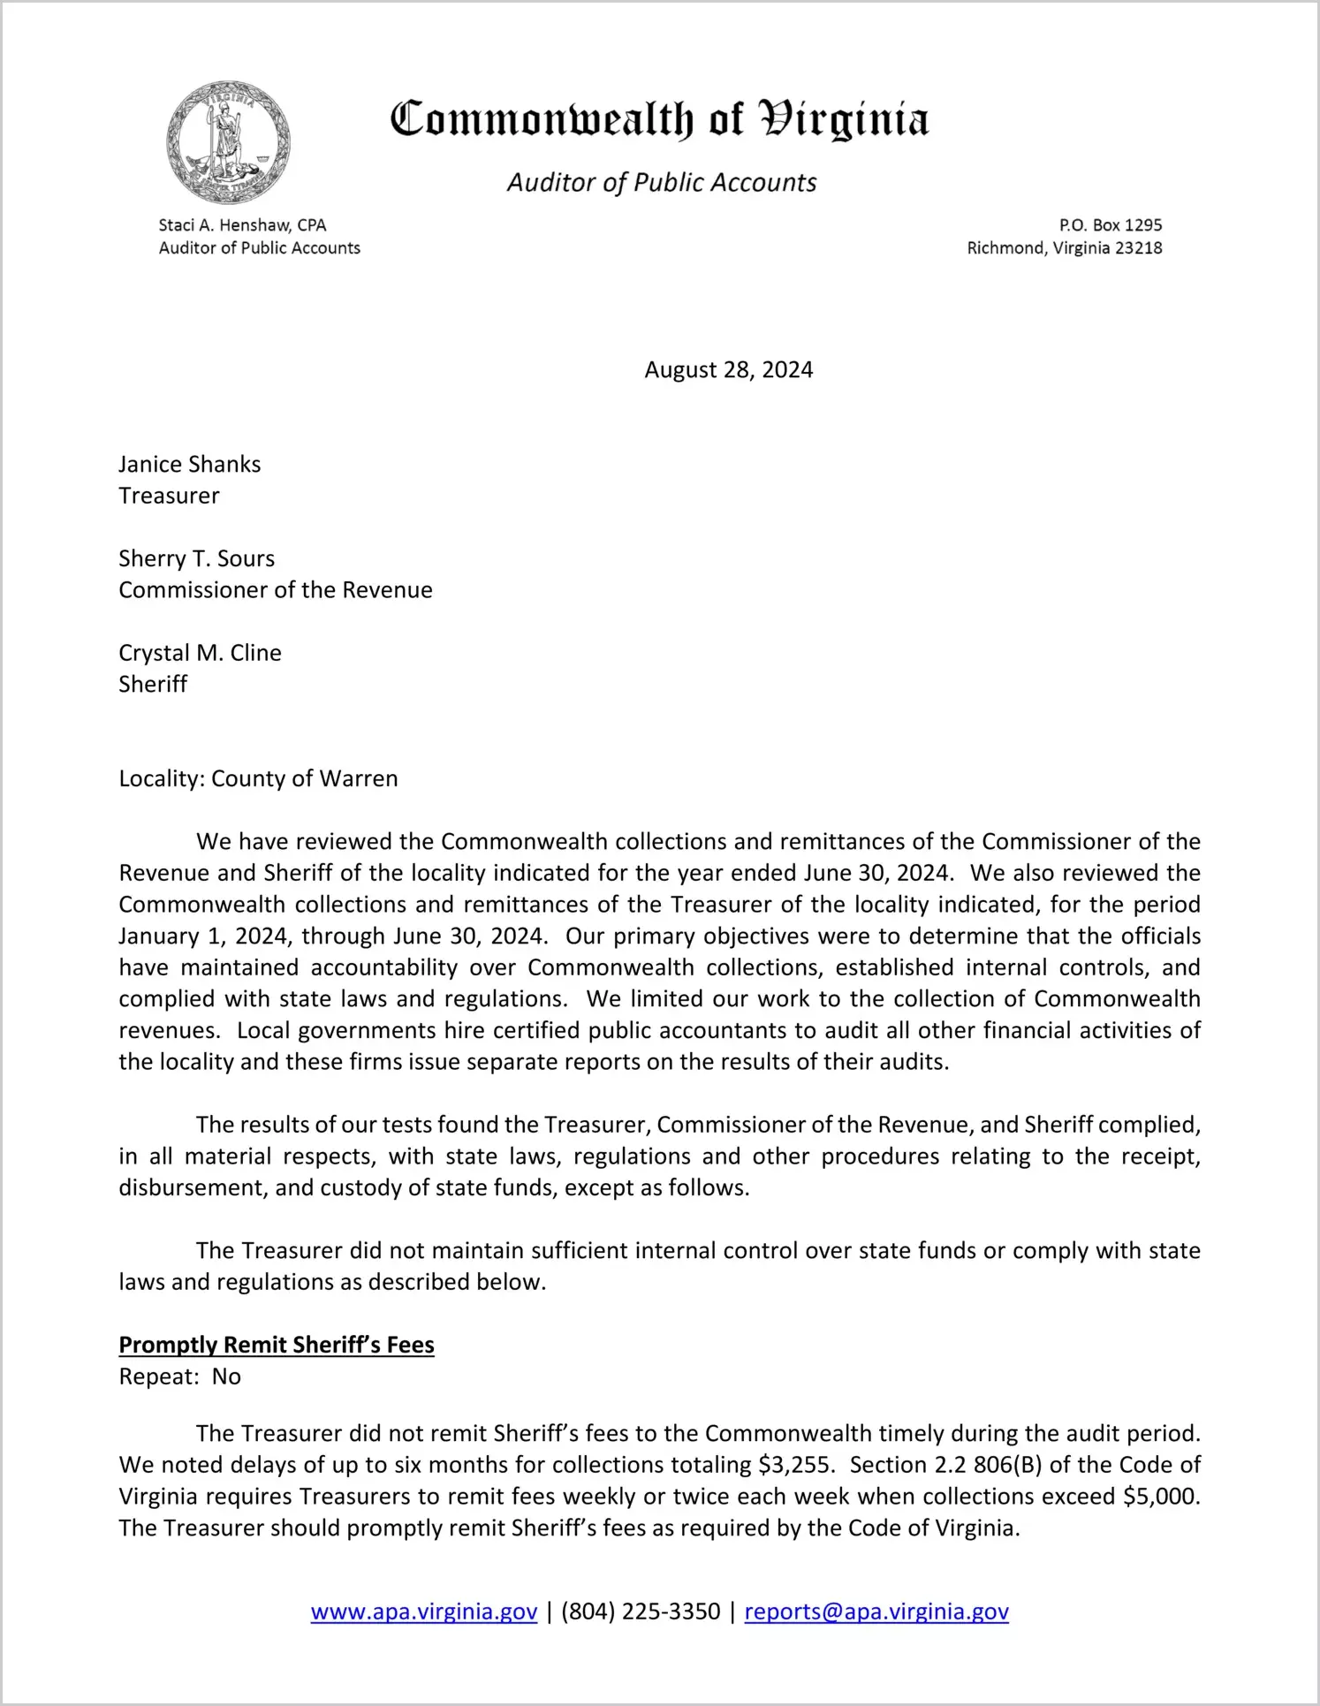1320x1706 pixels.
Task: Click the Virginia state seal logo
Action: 228,142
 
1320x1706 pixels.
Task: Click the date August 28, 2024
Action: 728,369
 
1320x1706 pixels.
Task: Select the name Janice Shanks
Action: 190,465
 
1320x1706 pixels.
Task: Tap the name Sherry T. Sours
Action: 197,558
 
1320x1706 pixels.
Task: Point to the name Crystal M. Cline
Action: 201,653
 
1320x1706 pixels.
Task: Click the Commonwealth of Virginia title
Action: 659,119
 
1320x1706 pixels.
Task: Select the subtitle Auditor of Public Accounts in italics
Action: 661,183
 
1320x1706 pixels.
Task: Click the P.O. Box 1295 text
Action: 1111,225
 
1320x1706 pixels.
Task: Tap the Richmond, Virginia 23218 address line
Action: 1064,248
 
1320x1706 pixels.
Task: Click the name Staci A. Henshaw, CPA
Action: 243,225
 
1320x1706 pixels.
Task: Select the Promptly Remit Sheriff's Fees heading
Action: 277,1345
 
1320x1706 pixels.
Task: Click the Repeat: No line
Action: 180,1376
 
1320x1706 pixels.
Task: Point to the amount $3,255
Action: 794,1465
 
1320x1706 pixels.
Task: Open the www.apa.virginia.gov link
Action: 424,1611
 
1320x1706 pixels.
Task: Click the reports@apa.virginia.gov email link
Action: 876,1611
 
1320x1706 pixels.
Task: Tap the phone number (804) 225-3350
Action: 641,1611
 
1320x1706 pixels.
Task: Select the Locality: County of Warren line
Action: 259,778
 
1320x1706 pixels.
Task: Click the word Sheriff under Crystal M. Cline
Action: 154,684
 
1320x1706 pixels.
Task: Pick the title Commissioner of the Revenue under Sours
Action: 276,590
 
